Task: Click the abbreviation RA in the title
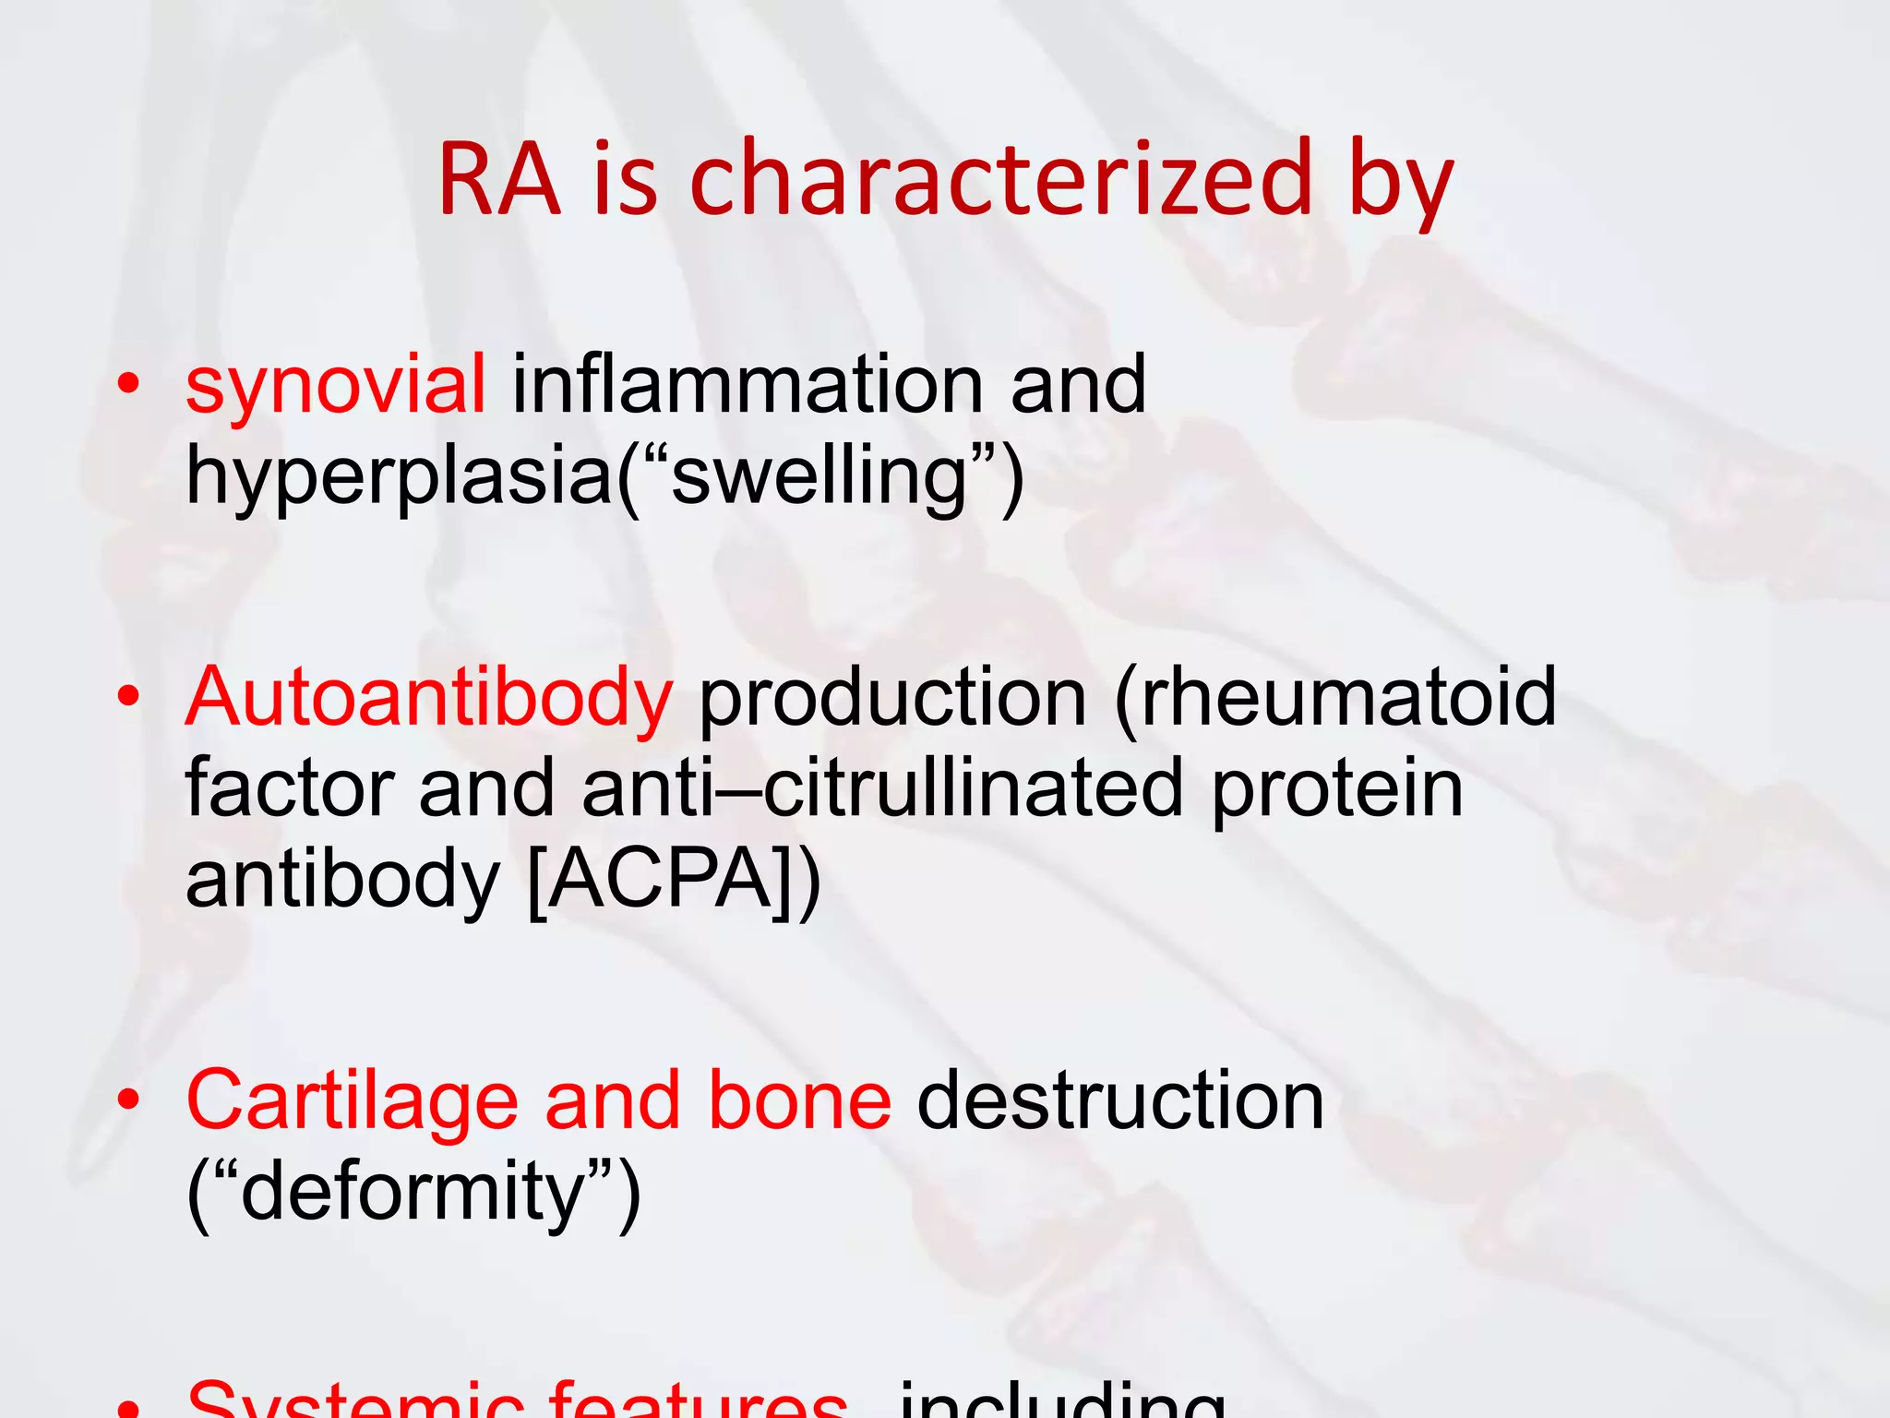[499, 180]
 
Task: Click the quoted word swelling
[818, 478]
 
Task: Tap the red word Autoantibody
[429, 698]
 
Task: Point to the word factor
[289, 788]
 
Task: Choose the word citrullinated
[974, 788]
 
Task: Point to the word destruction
[1120, 1100]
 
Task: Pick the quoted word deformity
[413, 1193]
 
